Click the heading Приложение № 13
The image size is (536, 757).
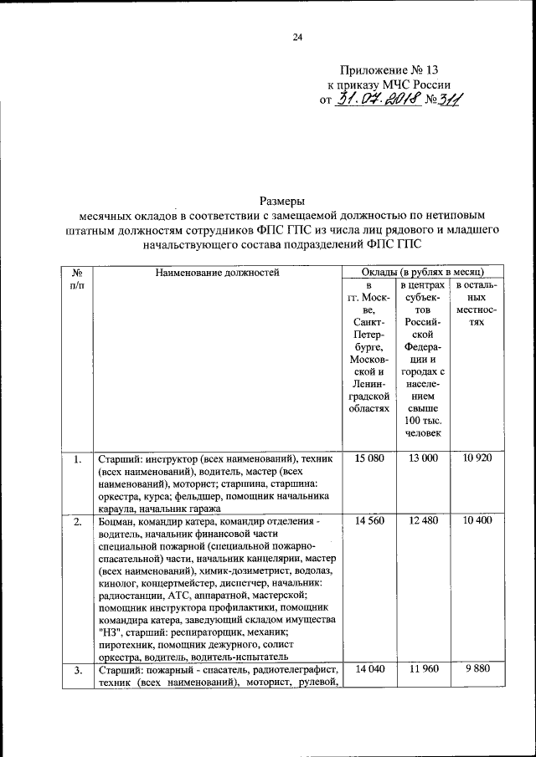pyautogui.click(x=389, y=70)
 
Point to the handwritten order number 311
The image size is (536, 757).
pyautogui.click(x=451, y=101)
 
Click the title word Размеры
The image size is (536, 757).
pyautogui.click(x=281, y=200)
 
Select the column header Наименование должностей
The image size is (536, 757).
pyautogui.click(x=217, y=272)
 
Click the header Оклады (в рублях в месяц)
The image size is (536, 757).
pyautogui.click(x=422, y=272)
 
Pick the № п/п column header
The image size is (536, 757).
pyautogui.click(x=77, y=279)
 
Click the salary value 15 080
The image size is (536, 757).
pyautogui.click(x=369, y=458)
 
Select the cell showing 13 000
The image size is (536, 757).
pyautogui.click(x=423, y=458)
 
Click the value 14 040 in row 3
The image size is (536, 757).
pyautogui.click(x=369, y=671)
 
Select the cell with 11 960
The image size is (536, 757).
pyautogui.click(x=423, y=671)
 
